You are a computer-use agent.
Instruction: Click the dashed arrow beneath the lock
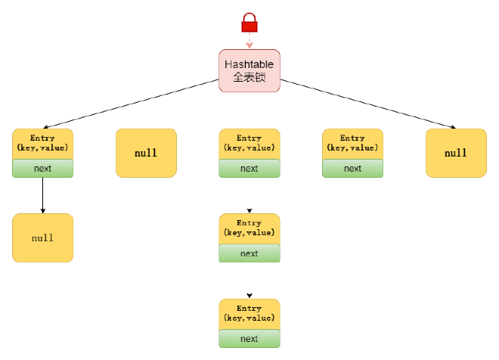249,42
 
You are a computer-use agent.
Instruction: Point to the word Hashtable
249,64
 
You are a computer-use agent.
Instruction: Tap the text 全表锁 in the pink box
249,78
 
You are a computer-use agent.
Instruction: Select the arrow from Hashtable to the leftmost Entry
129,103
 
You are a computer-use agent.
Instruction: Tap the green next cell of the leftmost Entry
42,169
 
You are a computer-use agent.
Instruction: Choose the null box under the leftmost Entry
42,237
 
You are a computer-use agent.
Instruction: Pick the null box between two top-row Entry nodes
146,153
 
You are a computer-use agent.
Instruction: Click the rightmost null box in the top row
456,153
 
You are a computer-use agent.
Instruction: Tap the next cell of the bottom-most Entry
249,339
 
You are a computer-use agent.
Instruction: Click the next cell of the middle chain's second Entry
249,253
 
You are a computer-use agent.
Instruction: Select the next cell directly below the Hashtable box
249,169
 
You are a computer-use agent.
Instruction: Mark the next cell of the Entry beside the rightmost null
352,169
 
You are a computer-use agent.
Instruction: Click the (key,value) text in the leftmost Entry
42,148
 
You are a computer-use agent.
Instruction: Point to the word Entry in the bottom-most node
249,309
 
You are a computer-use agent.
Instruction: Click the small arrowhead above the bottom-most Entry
249,296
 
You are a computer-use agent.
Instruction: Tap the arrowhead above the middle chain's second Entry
249,210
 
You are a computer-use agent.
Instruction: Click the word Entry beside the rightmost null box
352,138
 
